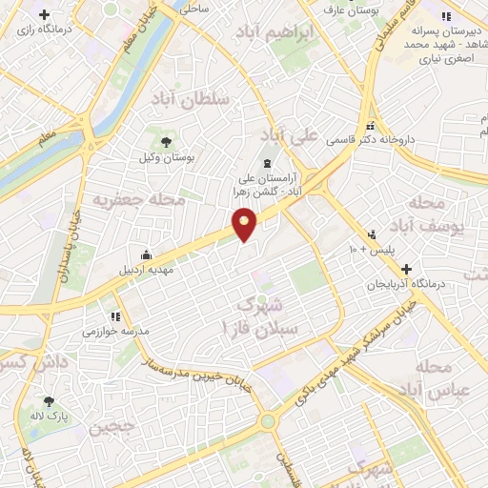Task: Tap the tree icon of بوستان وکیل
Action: pos(167,141)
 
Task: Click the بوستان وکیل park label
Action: pos(166,157)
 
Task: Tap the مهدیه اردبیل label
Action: pos(143,270)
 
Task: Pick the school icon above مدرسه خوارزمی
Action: pos(114,315)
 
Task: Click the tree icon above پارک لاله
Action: pos(48,402)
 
